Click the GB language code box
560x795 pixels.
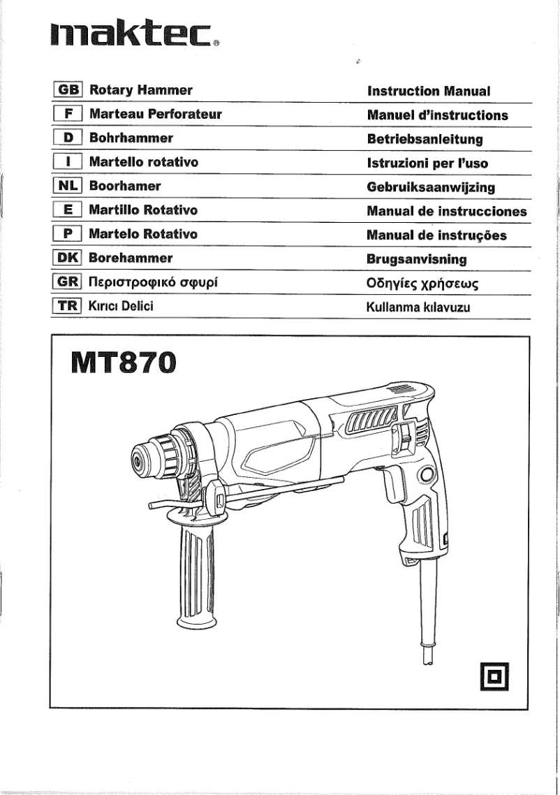click(x=68, y=91)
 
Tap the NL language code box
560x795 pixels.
click(x=68, y=187)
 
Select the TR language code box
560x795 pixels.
click(x=68, y=306)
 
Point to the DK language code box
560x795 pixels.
click(x=68, y=258)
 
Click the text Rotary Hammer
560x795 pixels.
click(x=141, y=91)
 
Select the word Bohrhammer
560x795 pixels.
click(x=131, y=138)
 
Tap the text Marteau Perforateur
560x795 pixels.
click(x=155, y=115)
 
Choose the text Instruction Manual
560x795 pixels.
click(x=429, y=92)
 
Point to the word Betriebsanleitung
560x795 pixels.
click(x=425, y=139)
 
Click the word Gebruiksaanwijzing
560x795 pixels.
click(x=431, y=187)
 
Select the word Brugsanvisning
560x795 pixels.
click(x=417, y=259)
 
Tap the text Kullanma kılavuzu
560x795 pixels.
click(x=418, y=307)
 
